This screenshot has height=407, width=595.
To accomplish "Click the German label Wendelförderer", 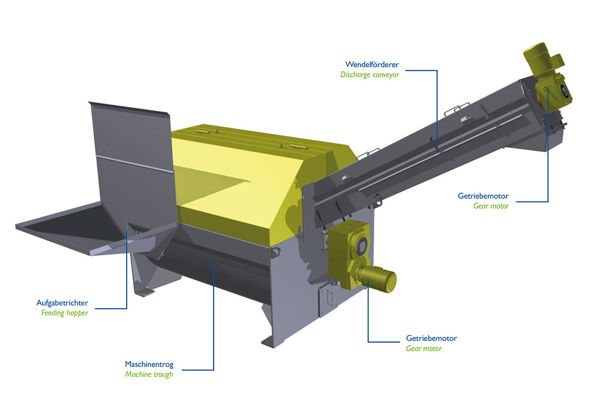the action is point(372,65).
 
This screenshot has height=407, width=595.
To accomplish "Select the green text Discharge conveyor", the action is point(370,75).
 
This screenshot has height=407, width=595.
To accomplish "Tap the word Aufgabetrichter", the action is point(62,303).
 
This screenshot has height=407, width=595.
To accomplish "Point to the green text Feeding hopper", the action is point(65,313).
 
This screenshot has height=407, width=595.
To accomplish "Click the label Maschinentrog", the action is point(149,364).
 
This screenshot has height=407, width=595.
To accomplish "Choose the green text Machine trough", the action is point(148,374).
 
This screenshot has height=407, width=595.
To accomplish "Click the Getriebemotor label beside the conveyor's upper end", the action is point(483,196).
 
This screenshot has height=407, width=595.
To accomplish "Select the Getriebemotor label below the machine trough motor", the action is point(431,338).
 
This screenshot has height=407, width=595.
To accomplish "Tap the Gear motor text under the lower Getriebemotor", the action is point(424,348).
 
